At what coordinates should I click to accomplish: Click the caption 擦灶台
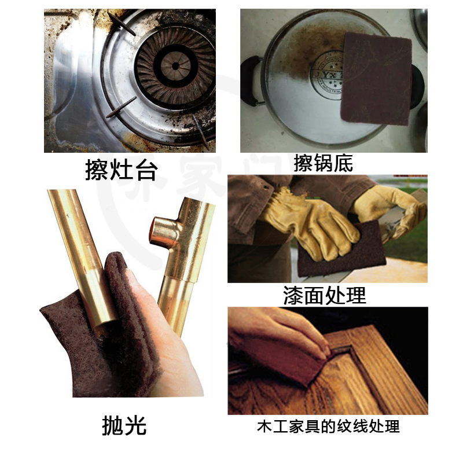tap(121, 170)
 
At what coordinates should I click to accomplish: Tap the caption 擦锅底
tap(323, 163)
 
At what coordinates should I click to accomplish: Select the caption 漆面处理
tap(325, 296)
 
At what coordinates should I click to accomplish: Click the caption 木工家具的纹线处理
tap(328, 427)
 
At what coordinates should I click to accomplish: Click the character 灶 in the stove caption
tap(121, 170)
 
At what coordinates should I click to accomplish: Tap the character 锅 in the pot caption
tap(323, 163)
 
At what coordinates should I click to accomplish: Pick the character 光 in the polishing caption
tap(134, 425)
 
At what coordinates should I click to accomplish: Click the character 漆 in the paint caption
tap(293, 296)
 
